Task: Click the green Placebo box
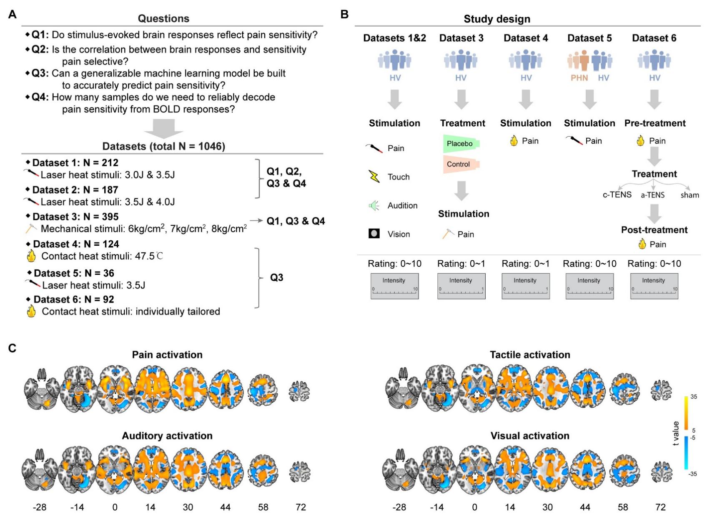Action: coord(460,144)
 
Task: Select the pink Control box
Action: coord(459,164)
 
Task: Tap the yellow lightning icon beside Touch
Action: coord(374,177)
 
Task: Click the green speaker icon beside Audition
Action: coord(374,205)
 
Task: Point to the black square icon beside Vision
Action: coord(374,234)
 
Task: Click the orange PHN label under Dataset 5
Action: coord(579,78)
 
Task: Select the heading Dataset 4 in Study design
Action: coord(526,38)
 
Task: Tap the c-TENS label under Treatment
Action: coord(617,195)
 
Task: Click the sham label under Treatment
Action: coord(689,195)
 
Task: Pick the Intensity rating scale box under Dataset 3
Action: coord(461,286)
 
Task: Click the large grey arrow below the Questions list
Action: coord(164,129)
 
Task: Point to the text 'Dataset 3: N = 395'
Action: coord(75,217)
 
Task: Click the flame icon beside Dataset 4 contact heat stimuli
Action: coord(31,255)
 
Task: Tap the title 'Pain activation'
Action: coord(167,355)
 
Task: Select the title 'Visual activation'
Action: coord(530,436)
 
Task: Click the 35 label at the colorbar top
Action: coord(694,396)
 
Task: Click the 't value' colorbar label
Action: coord(676,434)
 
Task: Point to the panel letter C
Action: coord(13,348)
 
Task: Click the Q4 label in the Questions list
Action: coord(40,97)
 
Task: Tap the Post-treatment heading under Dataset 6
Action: coord(654,230)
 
